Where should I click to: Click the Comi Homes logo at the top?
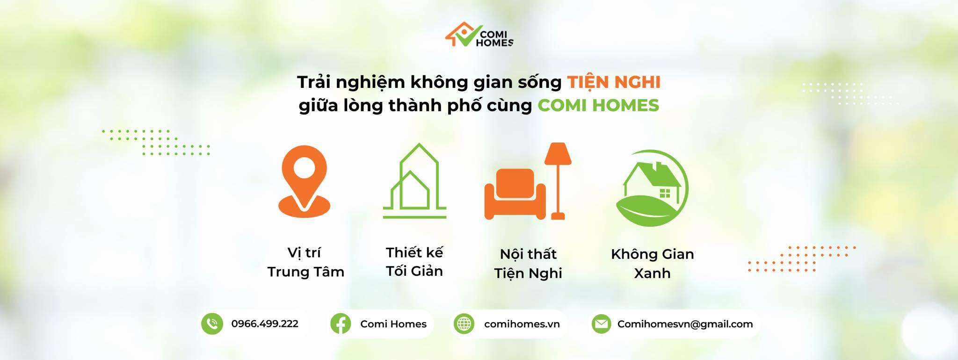coord(479,35)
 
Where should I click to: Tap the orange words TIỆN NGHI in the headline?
coord(614,82)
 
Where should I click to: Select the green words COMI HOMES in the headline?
coord(598,105)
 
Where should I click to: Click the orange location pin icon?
coord(305,181)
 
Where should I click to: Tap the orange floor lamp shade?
coord(558,153)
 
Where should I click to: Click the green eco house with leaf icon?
coord(652,188)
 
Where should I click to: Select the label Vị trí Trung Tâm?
coord(305,262)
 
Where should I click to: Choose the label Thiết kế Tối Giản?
coord(414,261)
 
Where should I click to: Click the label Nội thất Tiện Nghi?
coord(528,264)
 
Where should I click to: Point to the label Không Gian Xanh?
coord(653,263)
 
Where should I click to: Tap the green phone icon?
coord(212,324)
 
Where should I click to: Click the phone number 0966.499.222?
coord(265,324)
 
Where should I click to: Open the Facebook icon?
coord(341,324)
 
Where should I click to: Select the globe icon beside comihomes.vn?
coord(464,324)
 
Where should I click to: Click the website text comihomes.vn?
coord(522,324)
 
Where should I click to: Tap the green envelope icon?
coord(601,324)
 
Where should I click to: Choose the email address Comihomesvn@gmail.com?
coord(685,324)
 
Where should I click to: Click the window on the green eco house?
coord(665,193)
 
